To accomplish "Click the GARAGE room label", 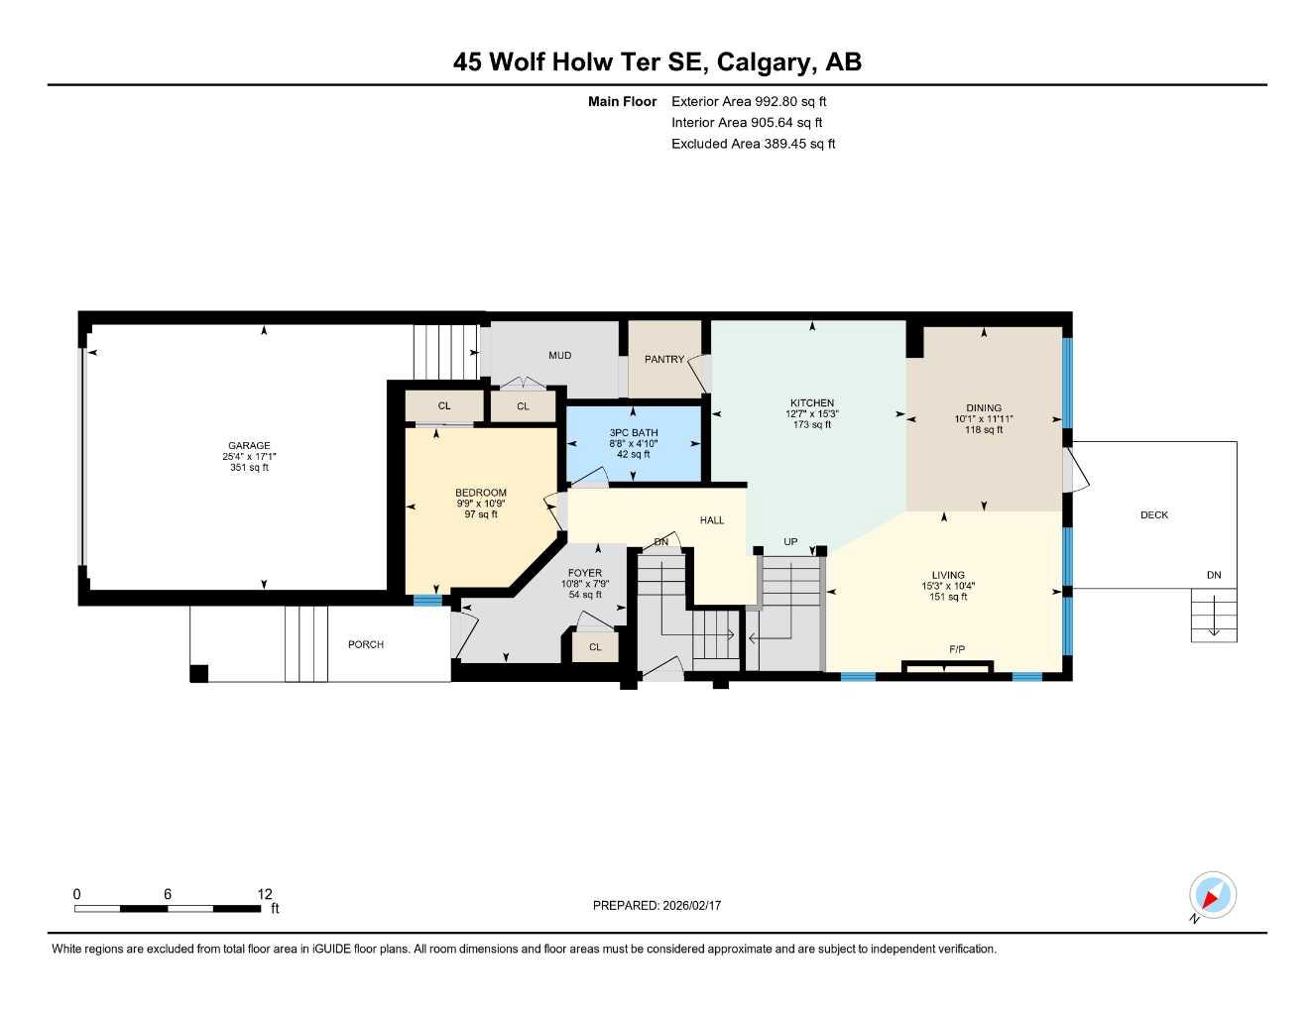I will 249,446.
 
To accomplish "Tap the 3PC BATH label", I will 634,433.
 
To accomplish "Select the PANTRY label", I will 664,359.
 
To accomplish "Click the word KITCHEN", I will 812,403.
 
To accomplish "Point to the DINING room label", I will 984,407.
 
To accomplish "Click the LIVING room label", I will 948,575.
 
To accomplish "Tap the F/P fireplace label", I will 957,650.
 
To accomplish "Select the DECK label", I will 1154,515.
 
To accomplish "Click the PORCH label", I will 366,645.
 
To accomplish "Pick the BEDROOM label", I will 481,493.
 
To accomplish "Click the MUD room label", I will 560,356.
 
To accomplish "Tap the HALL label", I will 712,520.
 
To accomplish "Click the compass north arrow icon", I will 1211,896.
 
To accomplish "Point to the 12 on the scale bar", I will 265,894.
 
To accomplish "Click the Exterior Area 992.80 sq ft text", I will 749,101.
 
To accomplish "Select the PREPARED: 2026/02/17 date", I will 657,906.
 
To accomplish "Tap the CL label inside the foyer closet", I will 595,647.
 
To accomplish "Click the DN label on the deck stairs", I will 1214,575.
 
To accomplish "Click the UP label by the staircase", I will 790,542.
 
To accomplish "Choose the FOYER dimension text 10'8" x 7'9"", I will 585,585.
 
